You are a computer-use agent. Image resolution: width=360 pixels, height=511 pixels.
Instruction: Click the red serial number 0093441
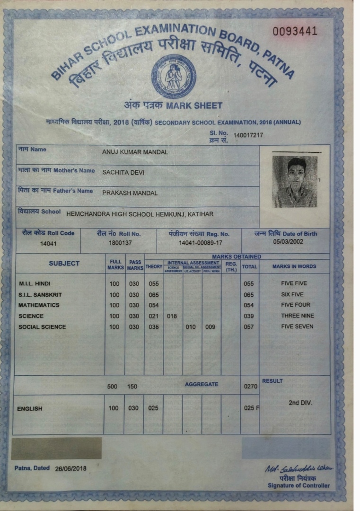pos(295,32)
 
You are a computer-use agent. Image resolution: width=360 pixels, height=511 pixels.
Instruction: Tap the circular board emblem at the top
pos(174,76)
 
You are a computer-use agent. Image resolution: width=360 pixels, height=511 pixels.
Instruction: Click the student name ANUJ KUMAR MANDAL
pos(135,152)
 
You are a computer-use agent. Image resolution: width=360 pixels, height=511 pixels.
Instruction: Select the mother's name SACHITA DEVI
pos(123,173)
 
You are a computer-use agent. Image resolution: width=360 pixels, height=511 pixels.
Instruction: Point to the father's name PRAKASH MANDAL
pos(130,193)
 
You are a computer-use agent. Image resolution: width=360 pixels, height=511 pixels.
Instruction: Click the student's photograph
pos(294,181)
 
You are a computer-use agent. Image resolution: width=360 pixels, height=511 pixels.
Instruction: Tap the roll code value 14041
pos(48,244)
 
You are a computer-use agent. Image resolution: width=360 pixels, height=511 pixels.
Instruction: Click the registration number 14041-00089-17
pos(199,243)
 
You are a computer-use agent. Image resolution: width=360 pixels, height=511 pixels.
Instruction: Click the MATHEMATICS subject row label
pos(39,305)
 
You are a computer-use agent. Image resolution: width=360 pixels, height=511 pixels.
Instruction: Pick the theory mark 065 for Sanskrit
pos(153,294)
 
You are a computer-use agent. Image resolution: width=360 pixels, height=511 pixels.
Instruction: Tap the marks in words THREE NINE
pos(297,316)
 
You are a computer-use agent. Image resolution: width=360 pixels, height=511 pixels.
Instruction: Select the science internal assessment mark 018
pos(172,316)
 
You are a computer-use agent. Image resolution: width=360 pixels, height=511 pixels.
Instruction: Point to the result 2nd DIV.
pos(300,404)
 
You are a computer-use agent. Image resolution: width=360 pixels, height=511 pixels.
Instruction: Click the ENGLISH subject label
pos(30,408)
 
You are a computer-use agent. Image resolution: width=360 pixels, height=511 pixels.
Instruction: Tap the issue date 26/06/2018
pos(70,469)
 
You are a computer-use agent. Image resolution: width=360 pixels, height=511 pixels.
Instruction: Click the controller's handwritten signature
pos(299,468)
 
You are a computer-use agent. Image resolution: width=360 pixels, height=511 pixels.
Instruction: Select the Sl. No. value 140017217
pos(248,135)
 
